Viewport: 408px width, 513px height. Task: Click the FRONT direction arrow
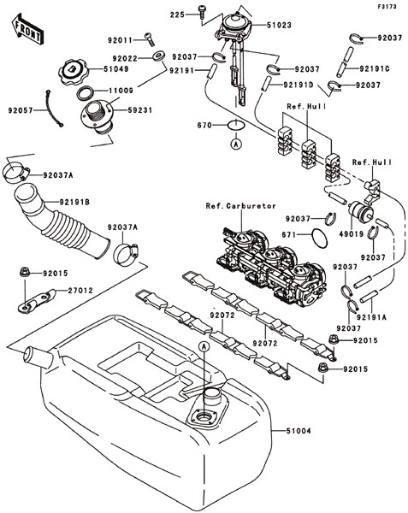tap(27, 29)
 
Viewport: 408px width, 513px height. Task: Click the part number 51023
tap(279, 25)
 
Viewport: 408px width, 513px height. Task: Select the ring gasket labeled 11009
tap(86, 93)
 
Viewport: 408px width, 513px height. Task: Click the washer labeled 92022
tap(158, 56)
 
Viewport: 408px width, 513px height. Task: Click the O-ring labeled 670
tap(235, 126)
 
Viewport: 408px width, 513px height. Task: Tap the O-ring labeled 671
tap(319, 237)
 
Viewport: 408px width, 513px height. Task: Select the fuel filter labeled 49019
tap(360, 211)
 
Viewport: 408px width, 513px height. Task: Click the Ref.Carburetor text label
tap(241, 206)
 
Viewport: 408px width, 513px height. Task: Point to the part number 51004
tap(298, 431)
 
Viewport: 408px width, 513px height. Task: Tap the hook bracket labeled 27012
tap(37, 301)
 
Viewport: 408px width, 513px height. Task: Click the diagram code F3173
tap(387, 6)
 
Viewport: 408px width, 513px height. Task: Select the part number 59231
tap(140, 110)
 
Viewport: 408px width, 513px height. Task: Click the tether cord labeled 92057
tap(52, 109)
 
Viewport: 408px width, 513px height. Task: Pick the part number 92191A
tap(371, 317)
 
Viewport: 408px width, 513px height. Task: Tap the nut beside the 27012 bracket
tap(24, 272)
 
